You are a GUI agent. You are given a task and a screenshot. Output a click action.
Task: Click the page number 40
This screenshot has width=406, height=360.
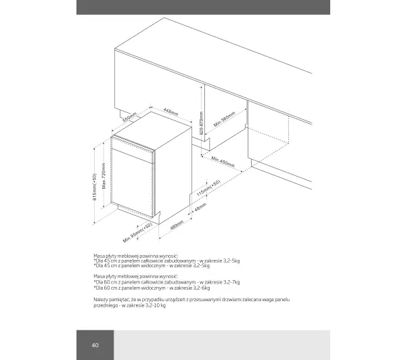[x=95, y=345]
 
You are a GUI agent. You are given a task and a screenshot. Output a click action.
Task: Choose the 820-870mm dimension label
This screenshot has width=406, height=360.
[x=202, y=122]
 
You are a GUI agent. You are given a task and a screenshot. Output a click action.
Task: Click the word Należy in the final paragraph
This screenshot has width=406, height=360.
[x=101, y=298]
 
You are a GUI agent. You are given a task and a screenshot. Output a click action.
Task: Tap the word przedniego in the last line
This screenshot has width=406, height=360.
[x=107, y=305]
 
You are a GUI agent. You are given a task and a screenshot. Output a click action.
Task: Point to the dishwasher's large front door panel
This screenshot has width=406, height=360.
[x=133, y=183]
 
